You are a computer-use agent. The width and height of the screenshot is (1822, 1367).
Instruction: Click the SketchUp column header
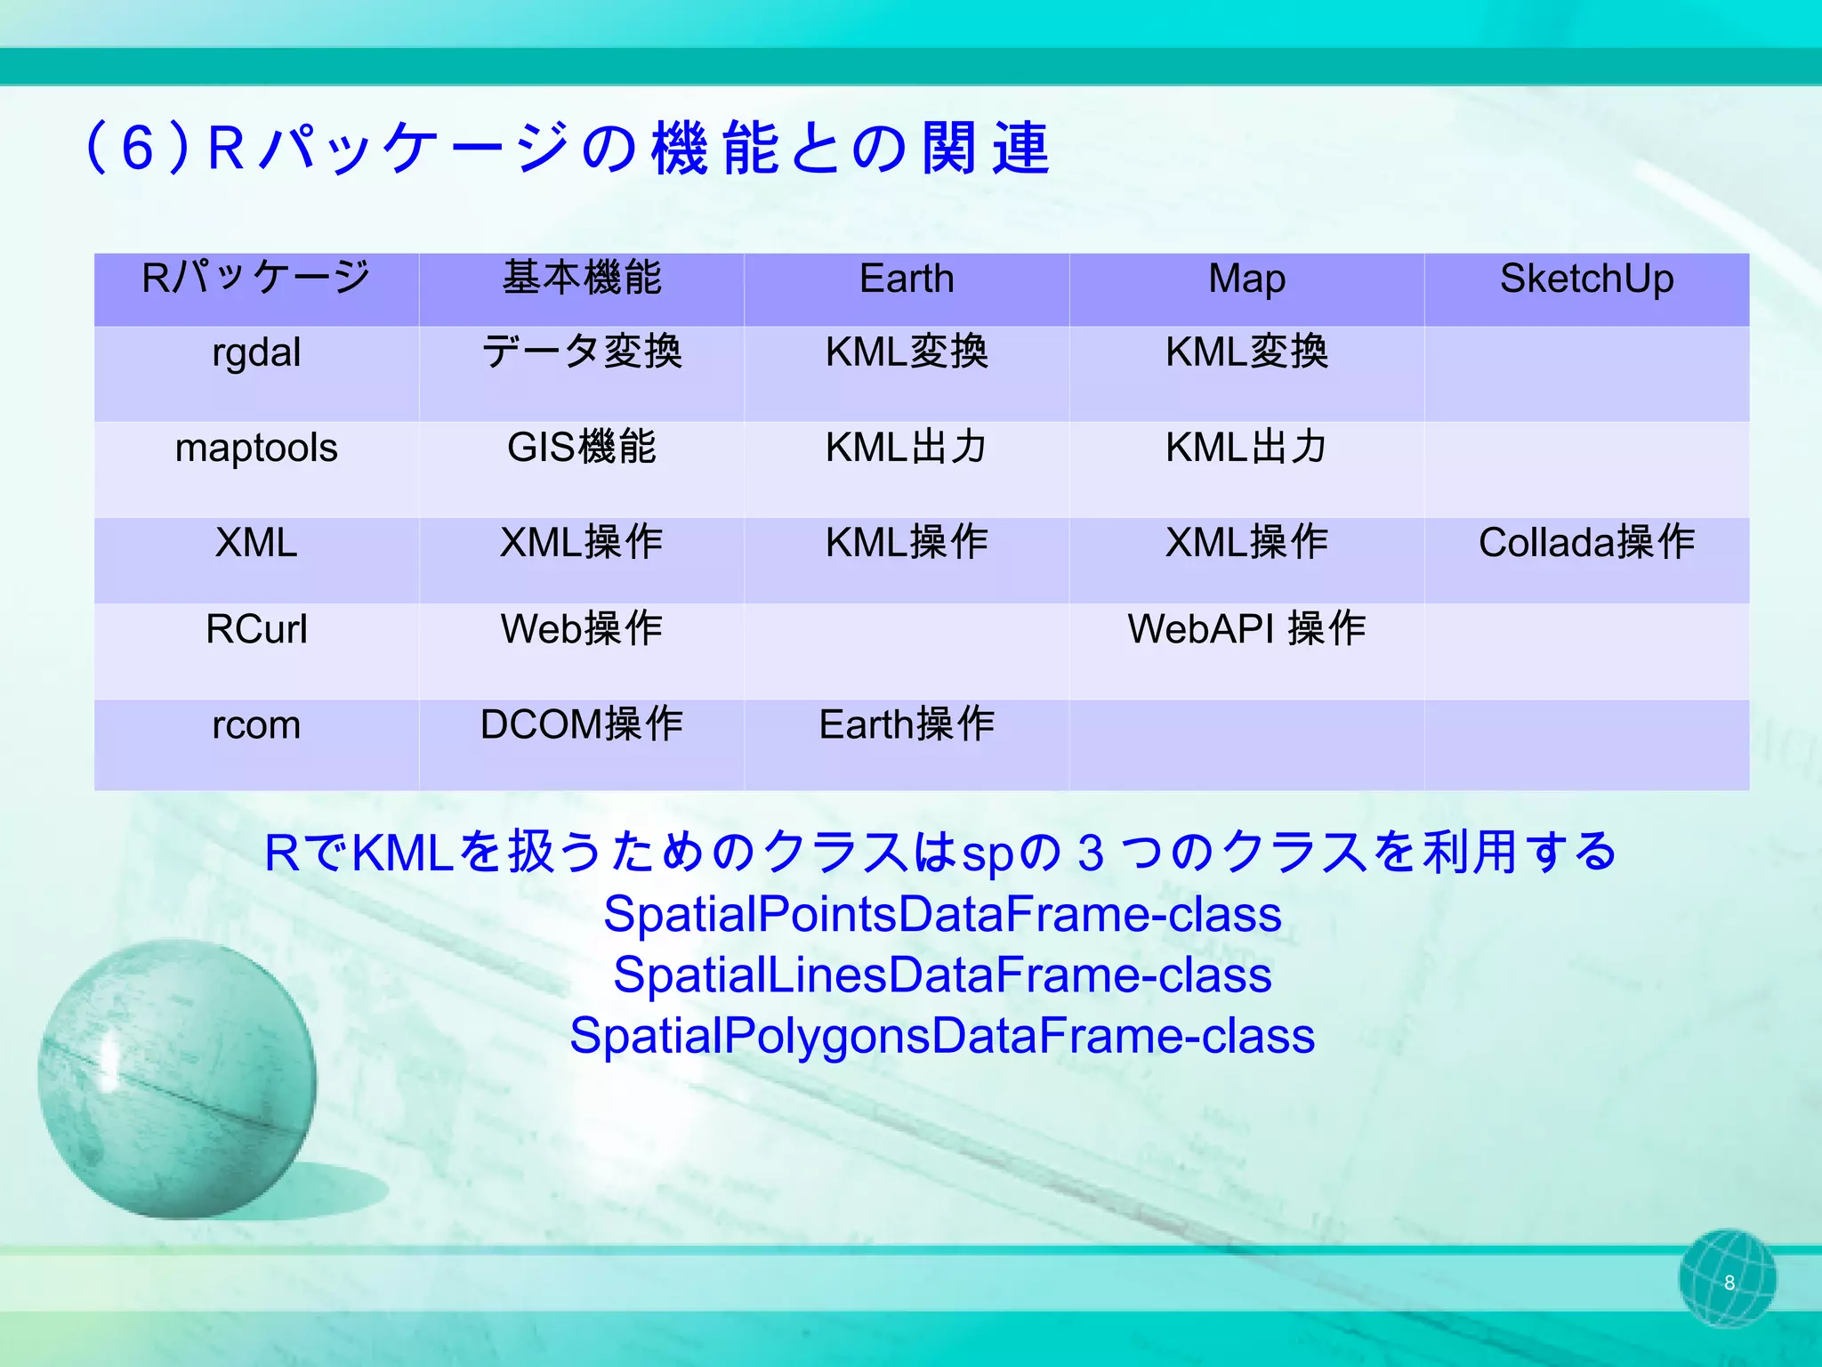1586,279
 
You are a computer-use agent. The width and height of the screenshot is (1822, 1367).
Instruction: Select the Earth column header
906,279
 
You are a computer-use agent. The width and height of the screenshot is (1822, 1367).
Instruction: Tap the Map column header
1246,279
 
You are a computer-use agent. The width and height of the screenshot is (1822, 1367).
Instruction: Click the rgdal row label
256,353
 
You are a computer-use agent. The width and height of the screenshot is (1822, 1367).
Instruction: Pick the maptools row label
256,448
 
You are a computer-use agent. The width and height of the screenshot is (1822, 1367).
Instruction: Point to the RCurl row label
256,629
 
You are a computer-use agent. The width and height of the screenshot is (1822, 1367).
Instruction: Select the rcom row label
256,725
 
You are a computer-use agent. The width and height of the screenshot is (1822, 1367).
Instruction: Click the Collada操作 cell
1586,543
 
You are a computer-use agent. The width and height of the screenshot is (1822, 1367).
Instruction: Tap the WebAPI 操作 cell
1246,629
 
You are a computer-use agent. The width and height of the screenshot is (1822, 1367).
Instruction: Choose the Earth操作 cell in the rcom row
906,724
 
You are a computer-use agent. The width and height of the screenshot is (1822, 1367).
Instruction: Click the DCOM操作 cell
581,724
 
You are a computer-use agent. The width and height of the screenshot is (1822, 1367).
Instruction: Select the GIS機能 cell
581,448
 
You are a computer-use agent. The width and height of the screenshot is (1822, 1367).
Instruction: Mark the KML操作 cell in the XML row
906,543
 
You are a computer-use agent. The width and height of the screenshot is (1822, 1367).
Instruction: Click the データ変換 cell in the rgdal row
581,352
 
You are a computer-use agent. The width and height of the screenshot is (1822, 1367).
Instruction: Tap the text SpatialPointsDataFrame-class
941,915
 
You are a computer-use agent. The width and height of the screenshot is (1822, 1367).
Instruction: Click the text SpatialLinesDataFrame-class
941,975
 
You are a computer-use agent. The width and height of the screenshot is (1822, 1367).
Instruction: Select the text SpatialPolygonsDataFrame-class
941,1036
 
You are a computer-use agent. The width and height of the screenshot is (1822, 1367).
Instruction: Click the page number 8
1729,1282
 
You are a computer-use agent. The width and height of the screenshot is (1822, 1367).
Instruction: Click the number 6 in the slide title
138,148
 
